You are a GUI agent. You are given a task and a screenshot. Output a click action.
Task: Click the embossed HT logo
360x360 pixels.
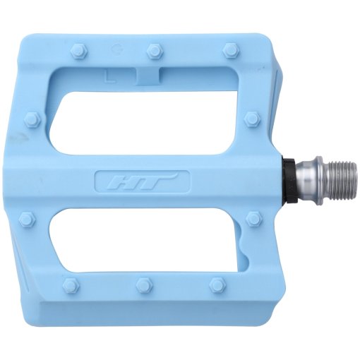point(142,181)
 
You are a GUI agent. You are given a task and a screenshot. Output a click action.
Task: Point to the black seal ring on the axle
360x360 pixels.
point(289,182)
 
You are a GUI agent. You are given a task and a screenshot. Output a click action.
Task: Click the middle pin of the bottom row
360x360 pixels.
point(144,285)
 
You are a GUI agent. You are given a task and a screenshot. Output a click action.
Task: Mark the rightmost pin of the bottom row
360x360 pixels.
point(217,285)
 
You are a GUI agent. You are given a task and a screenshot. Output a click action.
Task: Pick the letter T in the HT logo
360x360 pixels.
point(157,181)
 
